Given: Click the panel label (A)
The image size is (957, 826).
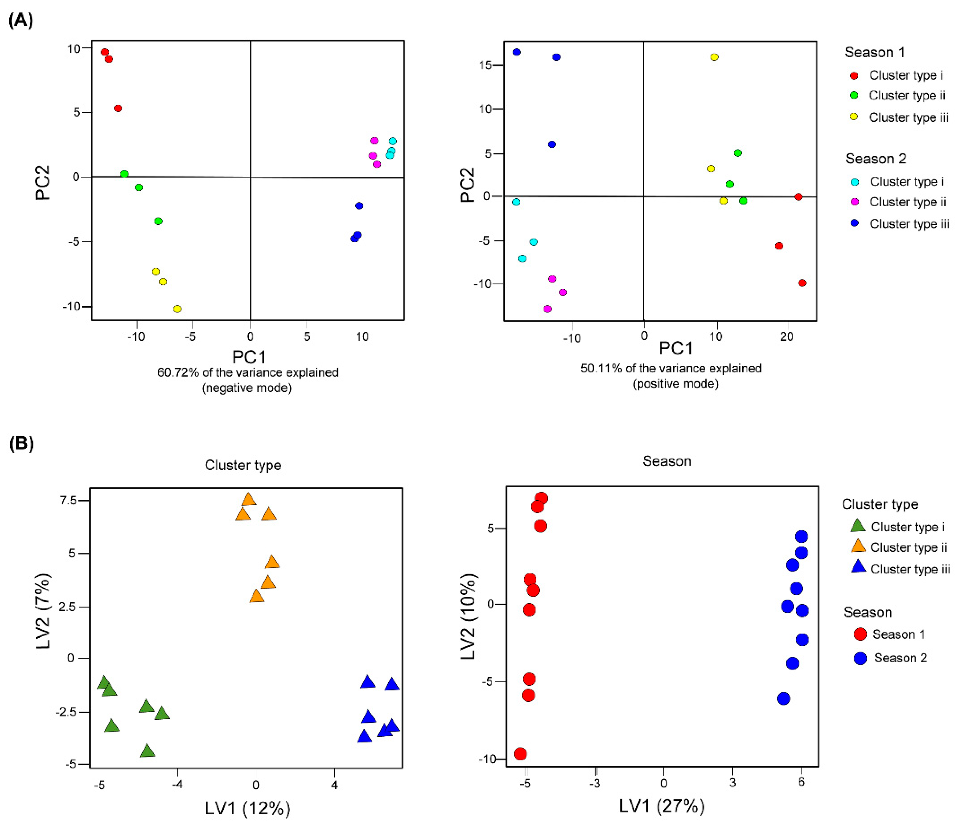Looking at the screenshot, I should pos(21,21).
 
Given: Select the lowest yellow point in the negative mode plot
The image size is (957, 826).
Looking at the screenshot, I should pos(177,308).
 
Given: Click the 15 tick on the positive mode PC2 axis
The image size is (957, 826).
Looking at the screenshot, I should pos(485,65).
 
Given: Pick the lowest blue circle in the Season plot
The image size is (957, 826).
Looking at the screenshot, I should pos(783,699).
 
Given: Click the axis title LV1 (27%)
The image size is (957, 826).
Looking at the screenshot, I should pos(662,806).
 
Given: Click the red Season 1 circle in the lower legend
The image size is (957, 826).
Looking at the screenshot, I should pos(860,634).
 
